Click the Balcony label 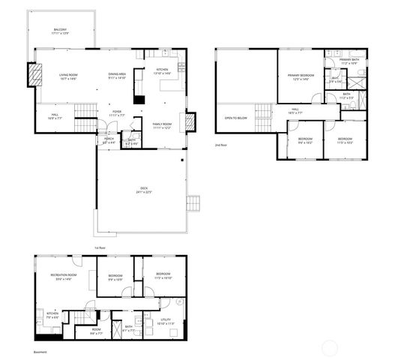(x=61, y=32)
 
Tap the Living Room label (x=70, y=76)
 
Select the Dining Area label (x=118, y=76)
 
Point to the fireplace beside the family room (x=190, y=121)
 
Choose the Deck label (x=144, y=190)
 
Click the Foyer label (x=117, y=113)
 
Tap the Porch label (x=109, y=139)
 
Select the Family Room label (x=163, y=125)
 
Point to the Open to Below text (x=236, y=118)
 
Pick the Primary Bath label (x=349, y=62)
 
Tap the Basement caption (x=40, y=351)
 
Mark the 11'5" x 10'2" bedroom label (x=345, y=140)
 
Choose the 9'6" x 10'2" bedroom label (x=305, y=140)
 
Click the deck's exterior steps (x=195, y=203)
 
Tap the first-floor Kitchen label (x=162, y=73)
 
